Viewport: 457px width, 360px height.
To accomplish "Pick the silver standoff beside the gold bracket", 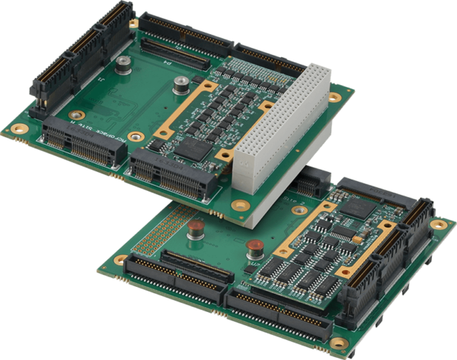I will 181,86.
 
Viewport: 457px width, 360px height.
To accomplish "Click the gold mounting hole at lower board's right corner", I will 439,224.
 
